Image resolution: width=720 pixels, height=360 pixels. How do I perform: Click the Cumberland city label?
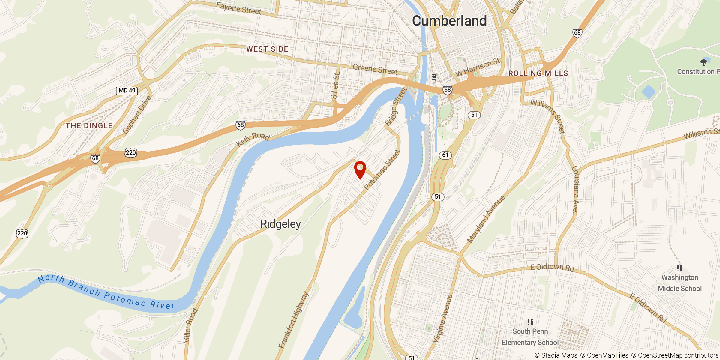pyautogui.click(x=449, y=21)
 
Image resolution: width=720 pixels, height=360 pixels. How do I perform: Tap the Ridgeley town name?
pyautogui.click(x=280, y=224)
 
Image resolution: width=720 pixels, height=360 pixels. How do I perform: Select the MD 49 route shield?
pyautogui.click(x=127, y=91)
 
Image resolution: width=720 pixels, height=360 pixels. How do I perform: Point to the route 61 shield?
pyautogui.click(x=445, y=155)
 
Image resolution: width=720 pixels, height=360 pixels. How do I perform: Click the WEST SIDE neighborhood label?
pyautogui.click(x=267, y=49)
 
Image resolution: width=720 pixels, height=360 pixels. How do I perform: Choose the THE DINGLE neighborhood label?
pyautogui.click(x=89, y=125)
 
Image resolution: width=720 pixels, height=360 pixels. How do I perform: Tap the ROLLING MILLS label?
pyautogui.click(x=538, y=73)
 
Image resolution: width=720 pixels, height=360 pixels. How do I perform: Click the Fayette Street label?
pyautogui.click(x=238, y=8)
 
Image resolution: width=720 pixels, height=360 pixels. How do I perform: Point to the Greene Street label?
pyautogui.click(x=375, y=70)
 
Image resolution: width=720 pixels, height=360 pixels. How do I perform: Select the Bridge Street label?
pyautogui.click(x=396, y=107)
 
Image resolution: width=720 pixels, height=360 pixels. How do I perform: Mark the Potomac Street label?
pyautogui.click(x=382, y=170)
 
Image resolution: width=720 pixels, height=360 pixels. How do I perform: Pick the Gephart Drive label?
pyautogui.click(x=137, y=115)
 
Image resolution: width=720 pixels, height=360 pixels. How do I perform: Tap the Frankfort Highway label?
pyautogui.click(x=293, y=320)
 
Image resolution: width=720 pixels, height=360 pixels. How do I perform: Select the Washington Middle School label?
pyautogui.click(x=680, y=283)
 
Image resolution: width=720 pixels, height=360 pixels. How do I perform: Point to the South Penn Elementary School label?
pyautogui.click(x=530, y=337)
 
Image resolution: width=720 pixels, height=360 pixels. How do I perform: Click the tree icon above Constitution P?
pyautogui.click(x=703, y=62)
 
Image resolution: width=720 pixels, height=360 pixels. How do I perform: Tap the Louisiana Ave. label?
pyautogui.click(x=575, y=189)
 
